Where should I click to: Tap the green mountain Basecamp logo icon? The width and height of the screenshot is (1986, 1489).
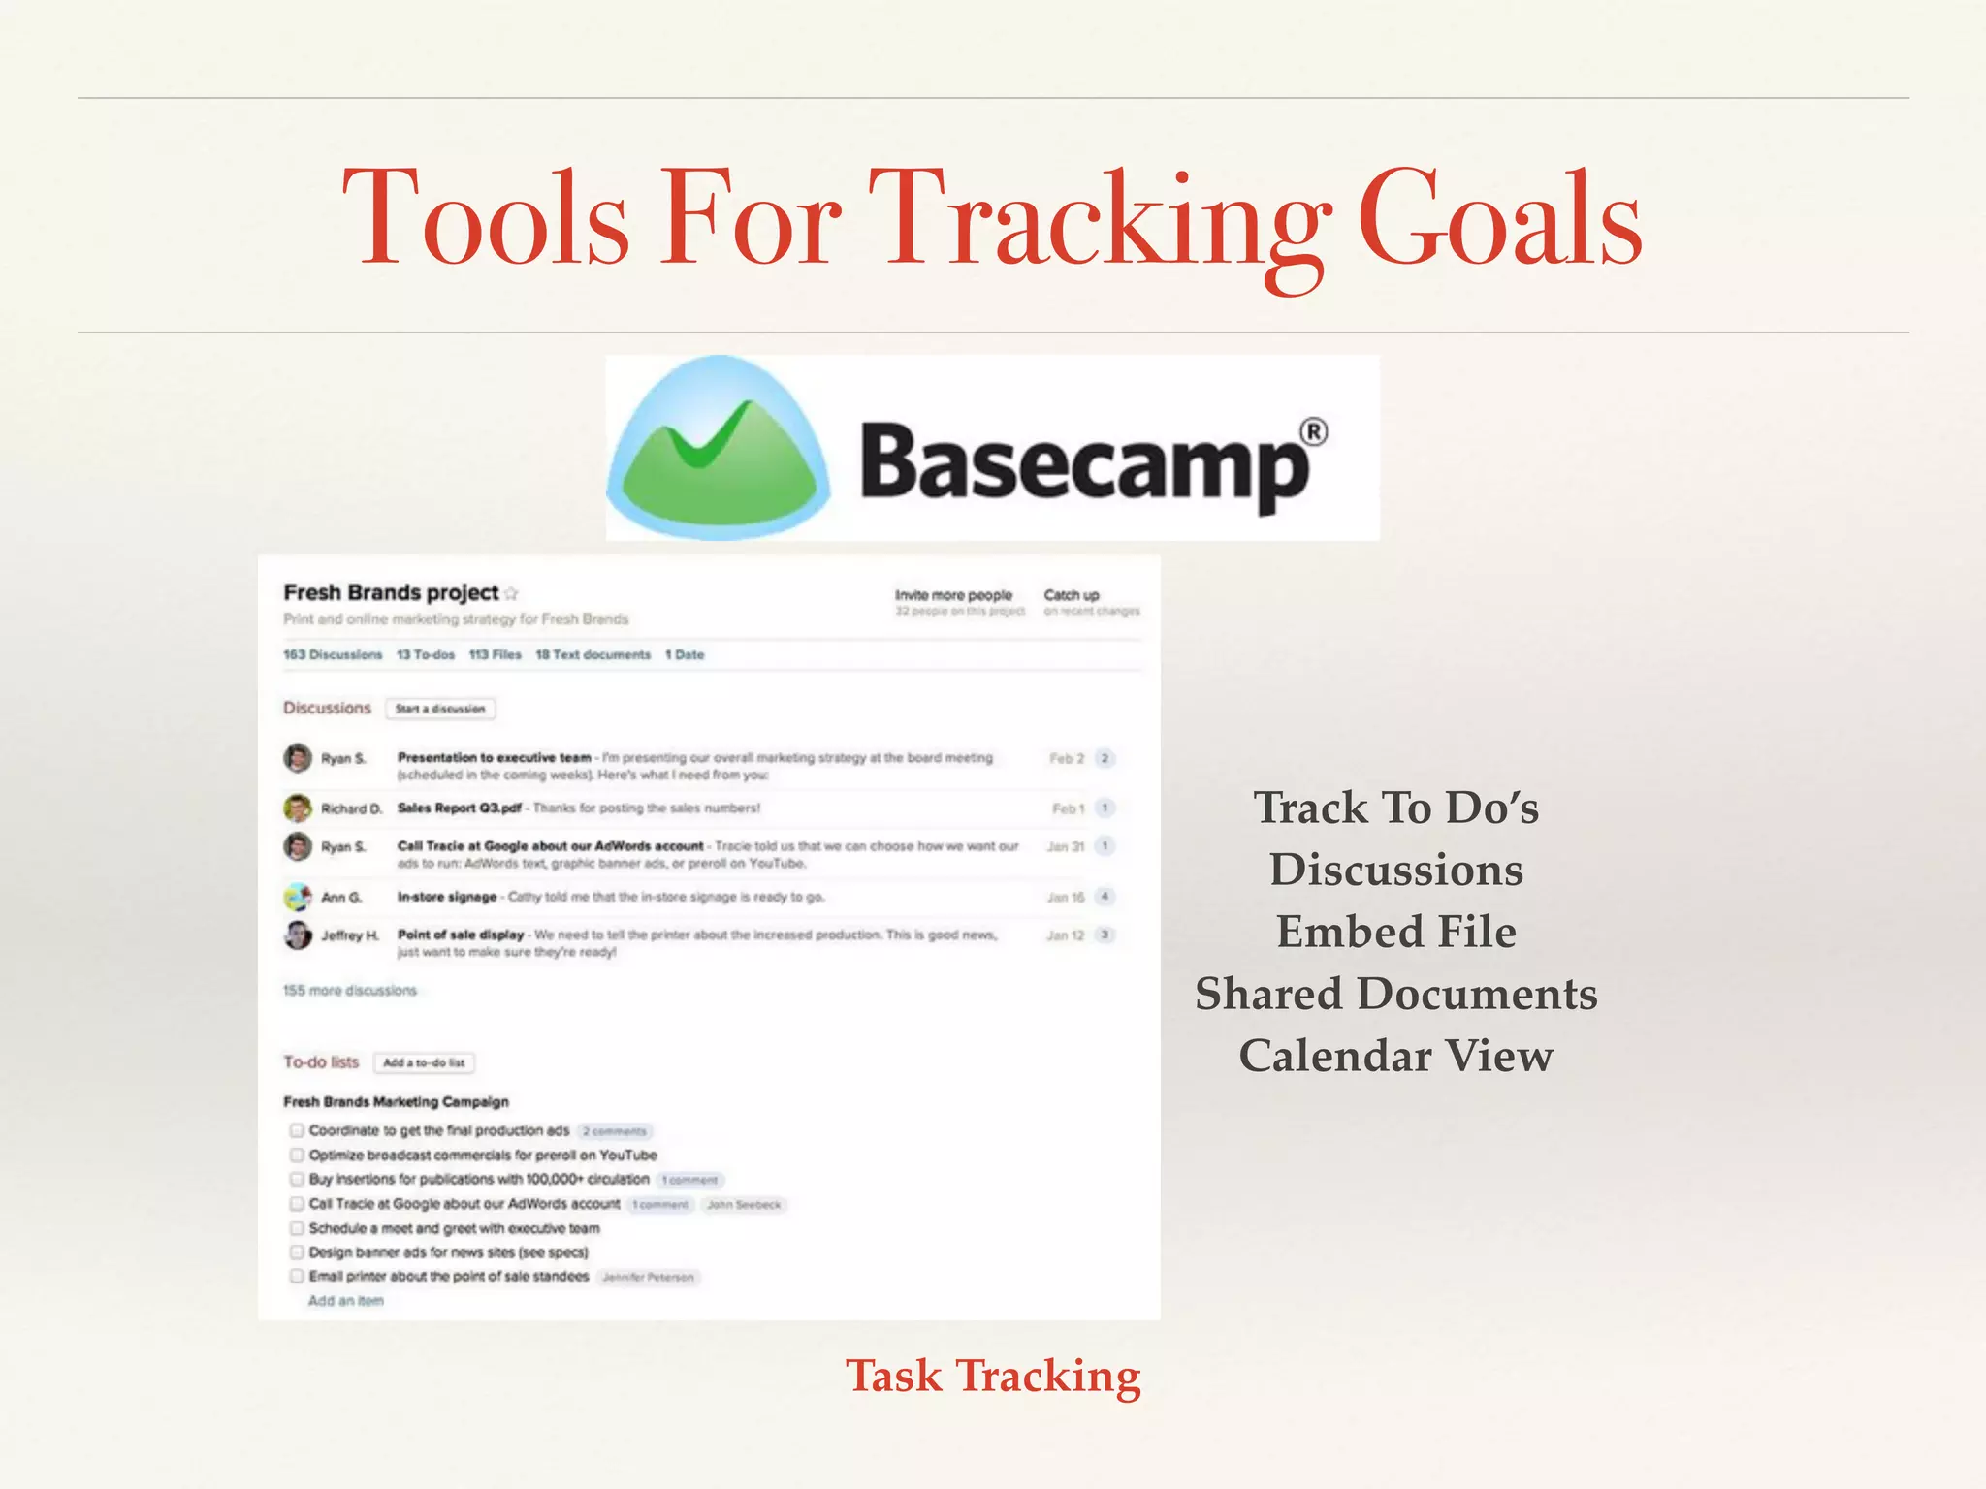tap(719, 448)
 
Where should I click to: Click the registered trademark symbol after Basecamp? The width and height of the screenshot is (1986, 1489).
tap(1313, 431)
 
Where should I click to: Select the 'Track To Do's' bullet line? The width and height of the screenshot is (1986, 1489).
tap(1395, 808)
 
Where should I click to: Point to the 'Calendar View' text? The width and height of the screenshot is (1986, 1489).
tap(1395, 1056)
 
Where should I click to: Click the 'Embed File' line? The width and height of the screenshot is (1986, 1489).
tap(1395, 932)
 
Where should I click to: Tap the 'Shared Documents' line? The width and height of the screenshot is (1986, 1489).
tap(1395, 994)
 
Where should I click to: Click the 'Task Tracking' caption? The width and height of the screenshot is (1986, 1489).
tap(992, 1376)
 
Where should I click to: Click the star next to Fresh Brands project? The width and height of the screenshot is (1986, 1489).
tap(512, 593)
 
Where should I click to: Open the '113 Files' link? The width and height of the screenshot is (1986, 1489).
tap(495, 654)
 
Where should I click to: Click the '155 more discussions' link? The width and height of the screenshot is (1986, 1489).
tap(349, 990)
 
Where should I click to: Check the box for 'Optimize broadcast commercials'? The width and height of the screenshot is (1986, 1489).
tap(297, 1155)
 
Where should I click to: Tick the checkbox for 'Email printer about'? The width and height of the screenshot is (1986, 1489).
tap(297, 1276)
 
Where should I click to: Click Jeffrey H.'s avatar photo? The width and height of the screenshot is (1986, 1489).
tap(298, 935)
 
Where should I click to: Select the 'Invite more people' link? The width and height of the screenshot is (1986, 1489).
tap(952, 595)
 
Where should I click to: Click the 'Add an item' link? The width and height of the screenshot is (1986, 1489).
tap(345, 1301)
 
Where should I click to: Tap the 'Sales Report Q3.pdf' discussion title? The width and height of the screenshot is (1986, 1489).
tap(459, 808)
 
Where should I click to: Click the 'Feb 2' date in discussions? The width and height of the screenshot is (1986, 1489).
tap(1066, 758)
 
